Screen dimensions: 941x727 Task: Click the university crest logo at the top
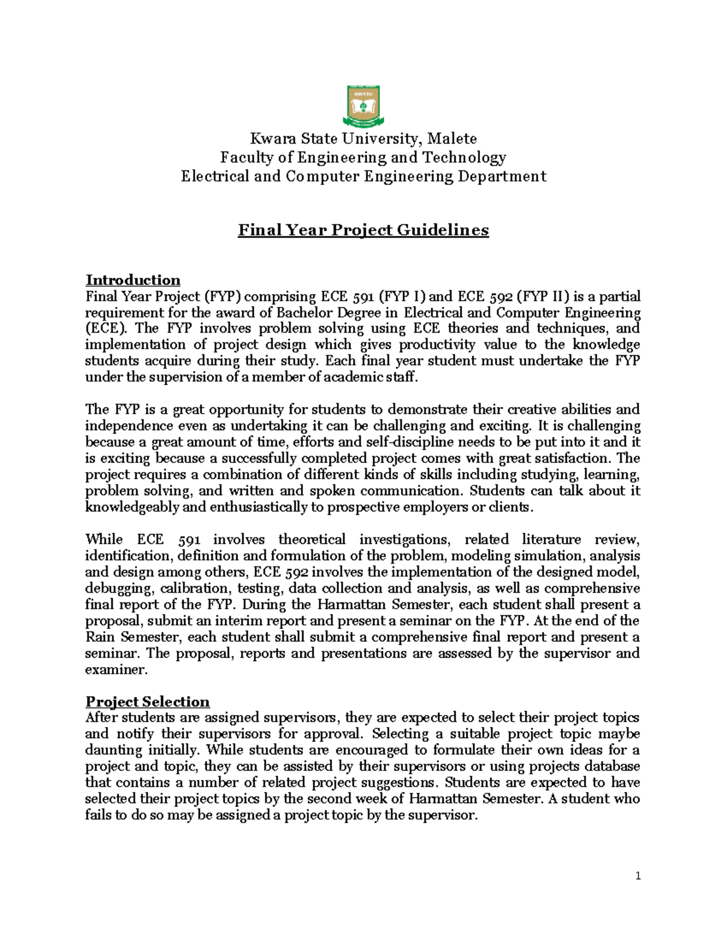pos(363,106)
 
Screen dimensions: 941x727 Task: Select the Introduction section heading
pos(133,280)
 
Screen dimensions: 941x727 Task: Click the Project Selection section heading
pos(147,702)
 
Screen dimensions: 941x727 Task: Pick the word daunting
pos(111,750)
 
